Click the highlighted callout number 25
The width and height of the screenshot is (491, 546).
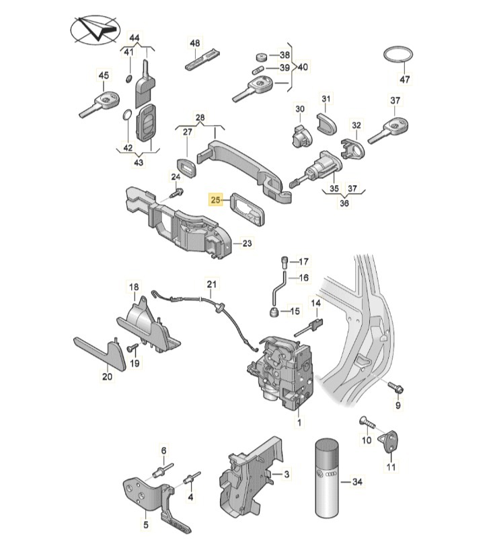point(216,200)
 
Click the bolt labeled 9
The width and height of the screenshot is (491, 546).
point(395,387)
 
